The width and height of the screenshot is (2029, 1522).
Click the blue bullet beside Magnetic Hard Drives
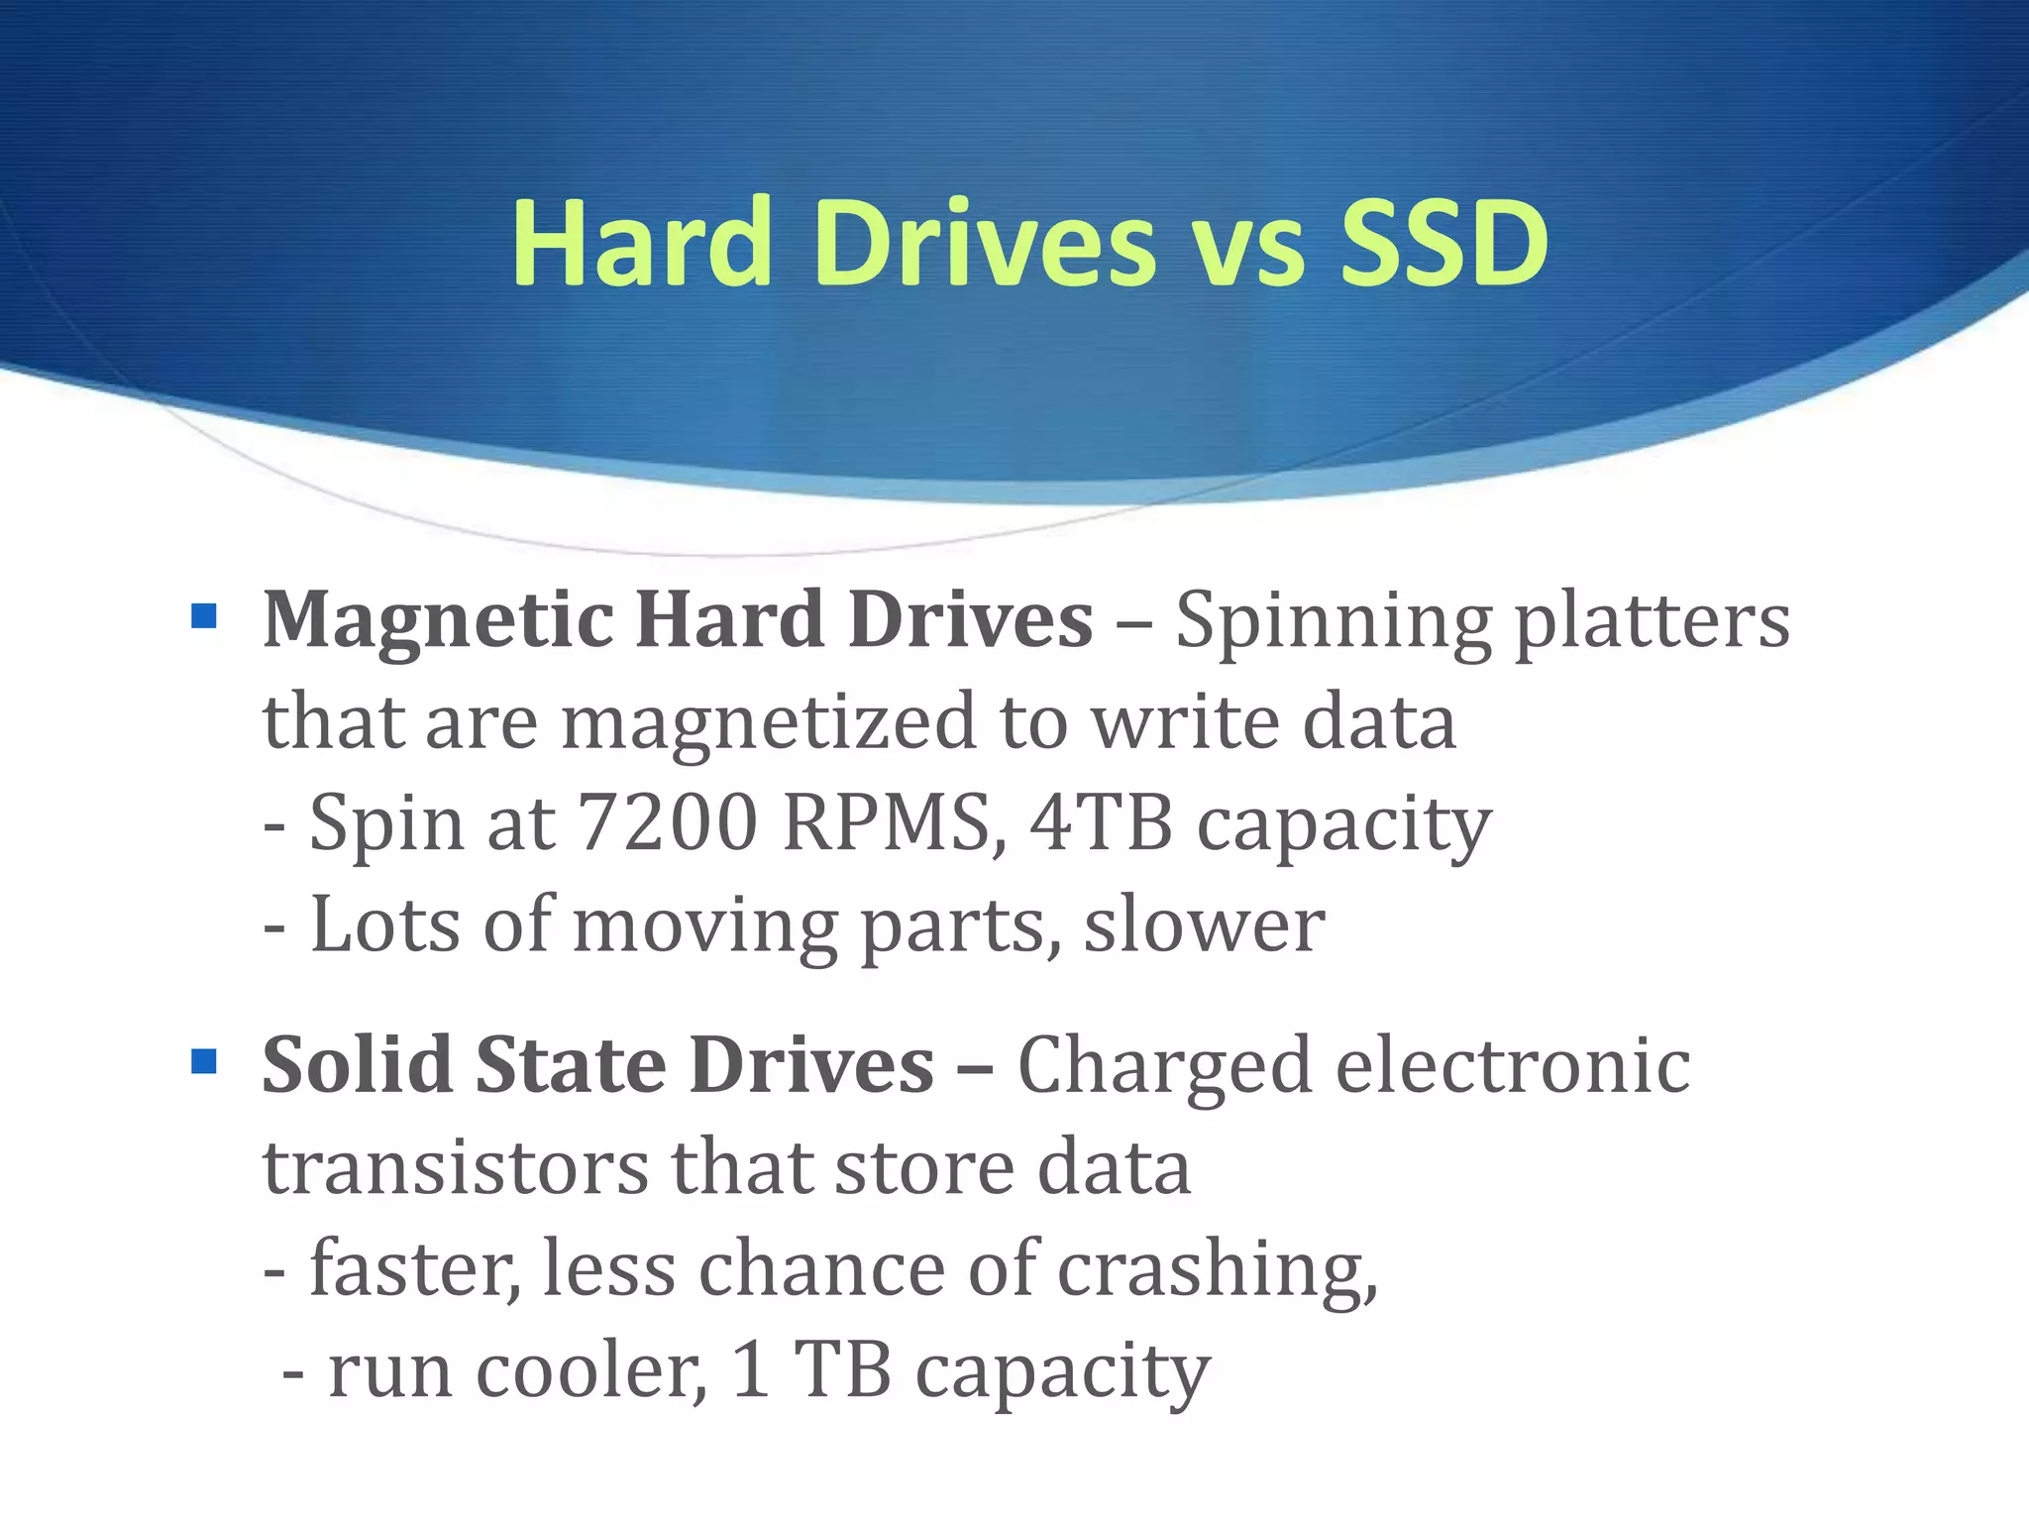click(204, 618)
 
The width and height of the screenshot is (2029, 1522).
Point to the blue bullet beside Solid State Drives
click(204, 1062)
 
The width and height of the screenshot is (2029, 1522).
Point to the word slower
click(1204, 925)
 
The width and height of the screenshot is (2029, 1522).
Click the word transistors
click(455, 1167)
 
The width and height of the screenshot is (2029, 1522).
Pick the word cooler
click(591, 1371)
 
